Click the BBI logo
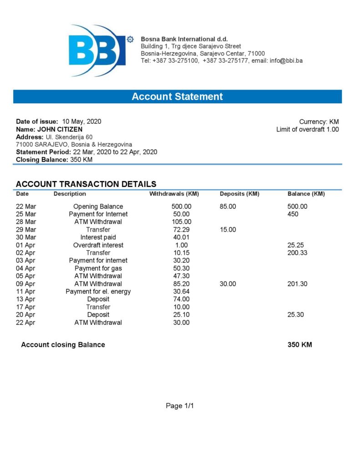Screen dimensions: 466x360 [97, 51]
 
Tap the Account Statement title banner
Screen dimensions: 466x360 [177, 96]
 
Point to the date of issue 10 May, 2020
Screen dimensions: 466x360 [81, 122]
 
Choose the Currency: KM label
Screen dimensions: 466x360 [319, 122]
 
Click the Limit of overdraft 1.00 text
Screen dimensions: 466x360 [307, 129]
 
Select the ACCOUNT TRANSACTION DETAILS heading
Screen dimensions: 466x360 [86, 184]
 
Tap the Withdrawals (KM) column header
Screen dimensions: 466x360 [174, 194]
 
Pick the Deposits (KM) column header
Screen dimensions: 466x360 [239, 194]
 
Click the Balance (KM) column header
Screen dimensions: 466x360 [306, 194]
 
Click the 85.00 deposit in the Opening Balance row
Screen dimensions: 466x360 [228, 206]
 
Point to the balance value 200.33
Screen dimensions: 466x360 [297, 253]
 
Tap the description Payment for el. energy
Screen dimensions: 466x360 [98, 291]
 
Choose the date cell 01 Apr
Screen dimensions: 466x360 [26, 245]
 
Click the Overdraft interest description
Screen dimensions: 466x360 [98, 245]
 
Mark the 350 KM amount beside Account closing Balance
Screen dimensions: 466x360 [299, 344]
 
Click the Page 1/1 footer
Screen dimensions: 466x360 [180, 405]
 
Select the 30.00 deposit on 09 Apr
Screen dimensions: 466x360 [228, 284]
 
